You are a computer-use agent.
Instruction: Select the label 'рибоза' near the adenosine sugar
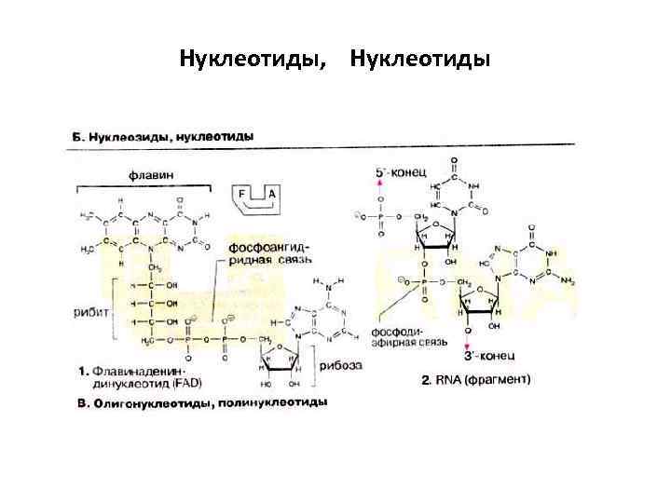tap(343, 366)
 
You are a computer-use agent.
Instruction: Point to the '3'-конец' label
tap(485, 357)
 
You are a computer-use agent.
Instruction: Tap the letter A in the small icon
tap(271, 194)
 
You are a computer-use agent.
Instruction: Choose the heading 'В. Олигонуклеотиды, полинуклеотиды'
tap(199, 403)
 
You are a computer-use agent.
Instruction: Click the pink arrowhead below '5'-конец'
tap(378, 185)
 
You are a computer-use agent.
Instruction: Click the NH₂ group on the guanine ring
tap(566, 277)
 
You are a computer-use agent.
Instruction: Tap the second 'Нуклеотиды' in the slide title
tap(419, 61)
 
